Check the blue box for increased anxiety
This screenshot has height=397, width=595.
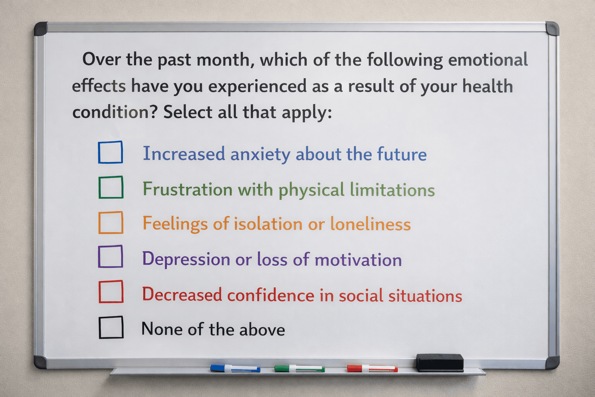pos(110,152)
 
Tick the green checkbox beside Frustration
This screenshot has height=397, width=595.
pos(111,187)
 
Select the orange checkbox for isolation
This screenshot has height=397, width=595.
pos(111,223)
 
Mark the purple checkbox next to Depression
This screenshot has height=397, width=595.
pos(110,256)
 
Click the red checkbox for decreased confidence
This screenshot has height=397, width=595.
pos(111,292)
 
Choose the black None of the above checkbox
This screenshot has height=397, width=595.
pos(111,327)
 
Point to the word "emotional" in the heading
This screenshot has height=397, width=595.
pos(488,59)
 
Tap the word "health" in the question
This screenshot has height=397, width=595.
pos(487,86)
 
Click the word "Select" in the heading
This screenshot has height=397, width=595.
pos(188,112)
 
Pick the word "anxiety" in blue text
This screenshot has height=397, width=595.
pos(260,154)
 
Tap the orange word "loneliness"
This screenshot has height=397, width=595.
pos(371,224)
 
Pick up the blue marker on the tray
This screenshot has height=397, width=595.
pos(236,368)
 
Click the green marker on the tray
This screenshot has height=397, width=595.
pos(299,369)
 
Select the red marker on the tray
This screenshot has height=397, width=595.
pos(372,369)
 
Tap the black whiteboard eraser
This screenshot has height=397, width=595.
pos(440,363)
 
